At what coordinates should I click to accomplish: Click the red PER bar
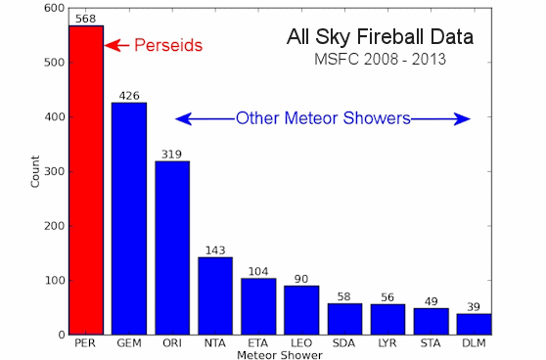[x=85, y=180]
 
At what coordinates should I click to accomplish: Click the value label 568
[x=85, y=18]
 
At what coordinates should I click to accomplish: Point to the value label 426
[x=129, y=95]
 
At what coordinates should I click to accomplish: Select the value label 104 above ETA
[x=258, y=271]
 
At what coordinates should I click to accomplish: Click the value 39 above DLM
[x=474, y=306]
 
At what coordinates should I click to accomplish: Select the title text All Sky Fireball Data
[x=380, y=38]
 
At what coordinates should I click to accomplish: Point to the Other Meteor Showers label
[x=323, y=119]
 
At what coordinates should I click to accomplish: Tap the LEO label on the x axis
[x=301, y=343]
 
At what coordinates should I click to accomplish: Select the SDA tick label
[x=344, y=343]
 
